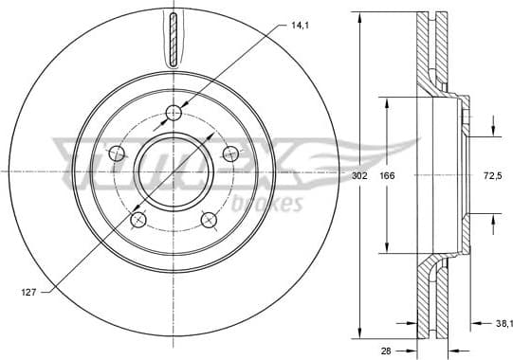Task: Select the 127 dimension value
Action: click(28, 294)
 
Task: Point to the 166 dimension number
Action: click(387, 176)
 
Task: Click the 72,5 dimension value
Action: click(491, 176)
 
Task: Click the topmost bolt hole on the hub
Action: click(174, 114)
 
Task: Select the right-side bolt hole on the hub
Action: click(229, 153)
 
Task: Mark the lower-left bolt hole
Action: click(139, 220)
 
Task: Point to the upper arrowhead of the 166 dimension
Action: click(387, 99)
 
